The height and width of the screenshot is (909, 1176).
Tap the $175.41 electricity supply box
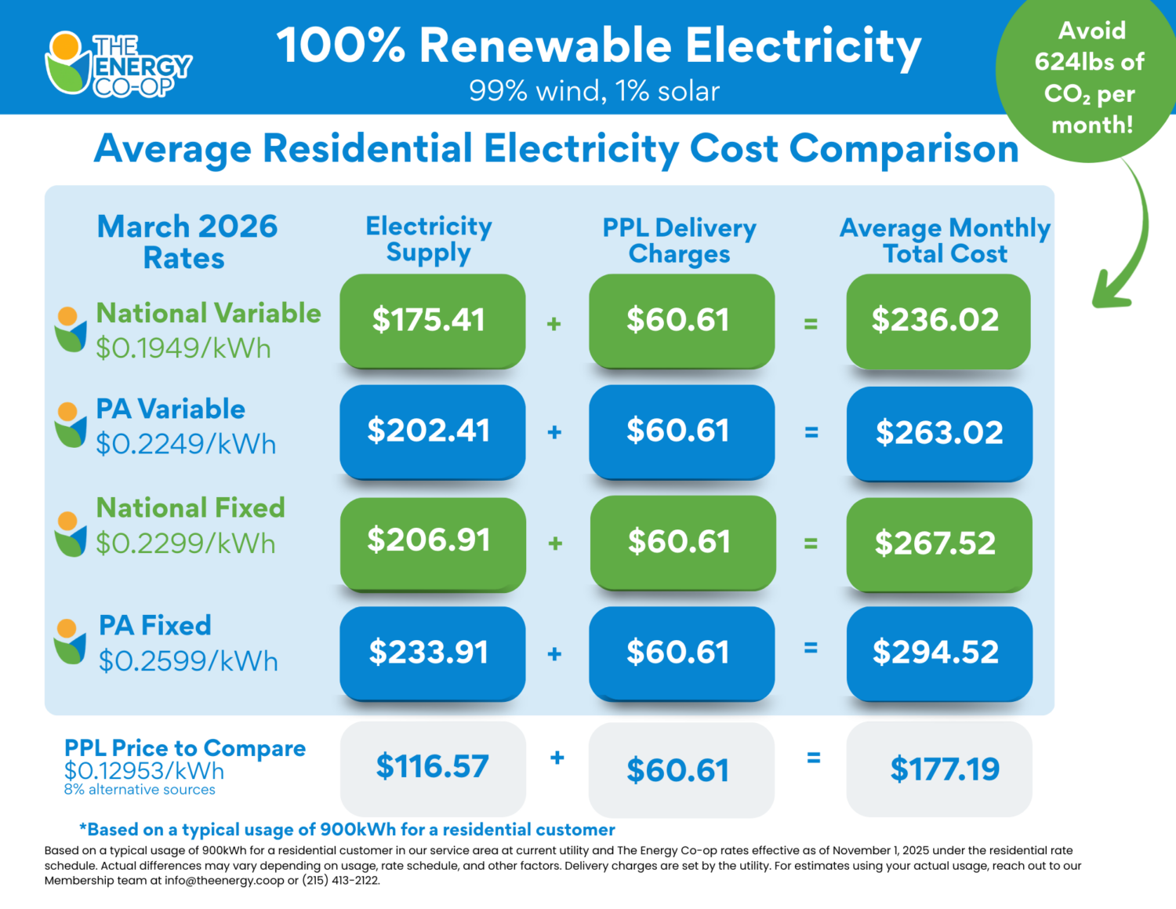pyautogui.click(x=432, y=320)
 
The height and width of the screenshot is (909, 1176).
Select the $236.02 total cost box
pyautogui.click(x=938, y=320)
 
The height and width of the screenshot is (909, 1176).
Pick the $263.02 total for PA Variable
pyautogui.click(x=939, y=433)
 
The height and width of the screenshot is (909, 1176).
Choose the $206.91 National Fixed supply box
pyautogui.click(x=432, y=541)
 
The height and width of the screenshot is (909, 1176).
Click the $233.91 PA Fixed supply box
pyautogui.click(x=432, y=653)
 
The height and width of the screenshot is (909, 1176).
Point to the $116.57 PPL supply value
pyautogui.click(x=432, y=767)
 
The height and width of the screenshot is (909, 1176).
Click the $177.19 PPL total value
pyautogui.click(x=944, y=769)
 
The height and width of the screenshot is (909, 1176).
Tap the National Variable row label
pyautogui.click(x=209, y=313)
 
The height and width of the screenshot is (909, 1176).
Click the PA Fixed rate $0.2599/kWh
pyautogui.click(x=188, y=661)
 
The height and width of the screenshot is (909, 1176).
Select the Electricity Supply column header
pyautogui.click(x=429, y=239)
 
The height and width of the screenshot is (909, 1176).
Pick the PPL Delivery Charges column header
pyautogui.click(x=679, y=241)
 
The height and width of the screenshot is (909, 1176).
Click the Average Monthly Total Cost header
pyautogui.click(x=945, y=241)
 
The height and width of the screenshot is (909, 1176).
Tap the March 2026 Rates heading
pyautogui.click(x=187, y=242)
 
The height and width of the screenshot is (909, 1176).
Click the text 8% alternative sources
pyautogui.click(x=140, y=790)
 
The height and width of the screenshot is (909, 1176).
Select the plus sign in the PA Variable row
pyautogui.click(x=554, y=432)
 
